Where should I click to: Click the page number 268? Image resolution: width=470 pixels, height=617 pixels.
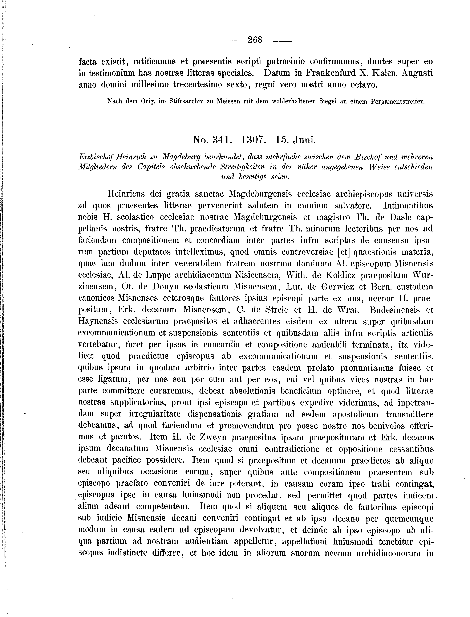[x=255, y=40]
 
